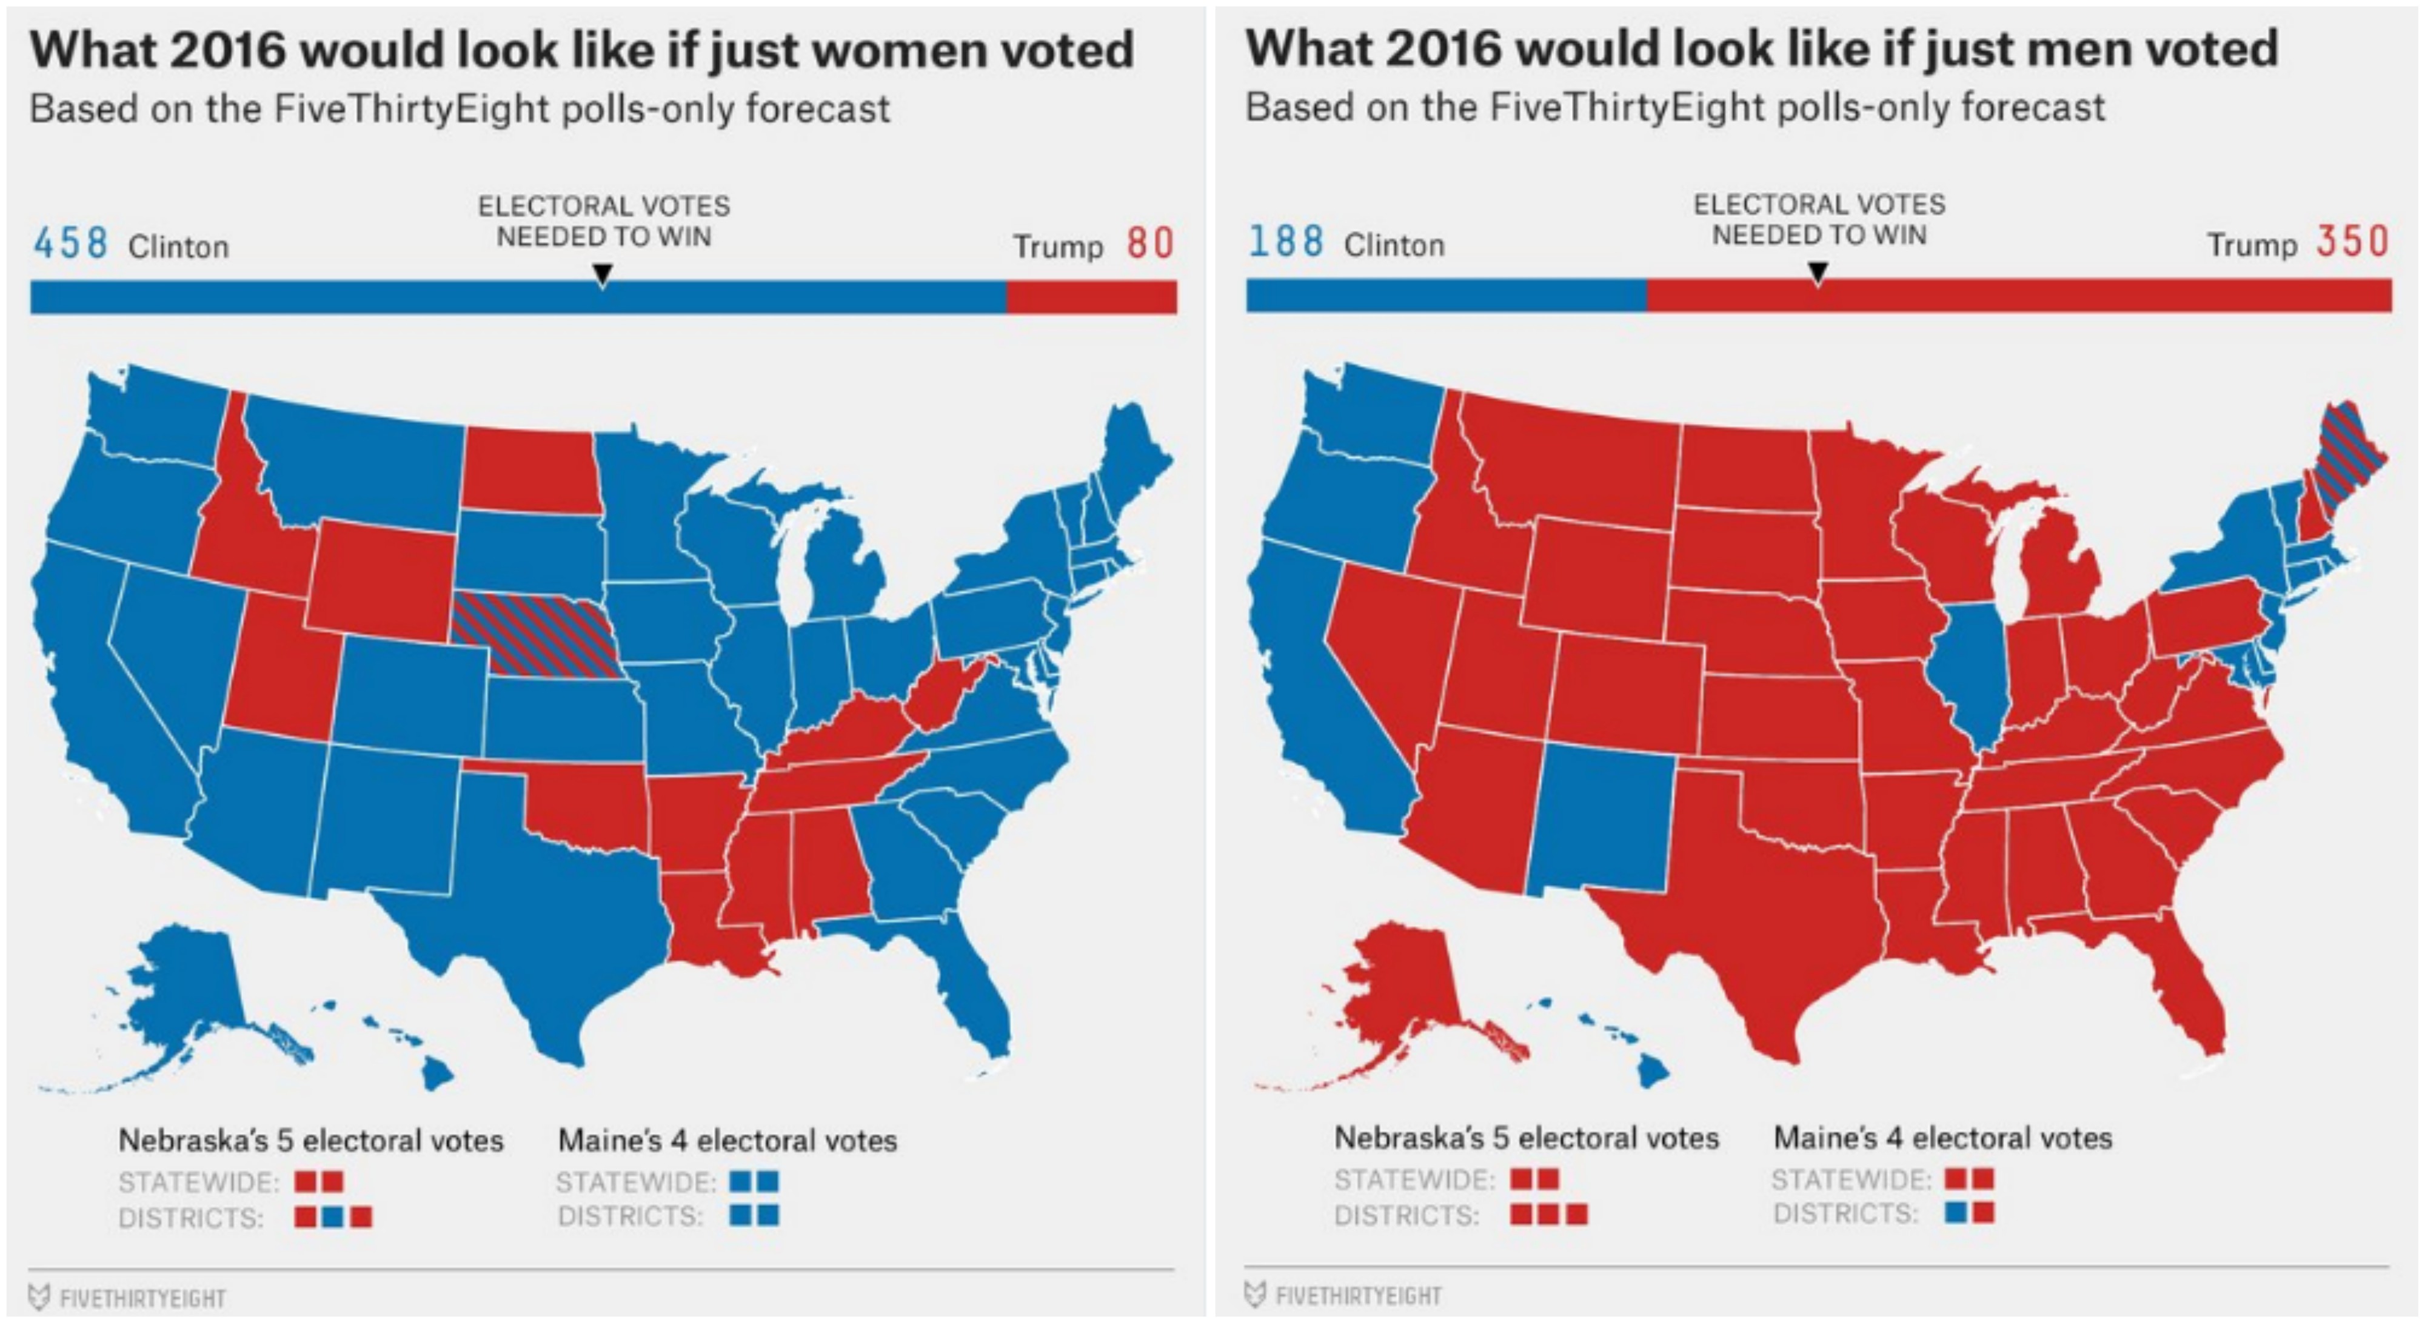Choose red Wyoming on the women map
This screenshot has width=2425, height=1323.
381,579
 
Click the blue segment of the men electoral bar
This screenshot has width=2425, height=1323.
1445,296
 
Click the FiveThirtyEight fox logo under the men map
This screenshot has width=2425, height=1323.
1255,1295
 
